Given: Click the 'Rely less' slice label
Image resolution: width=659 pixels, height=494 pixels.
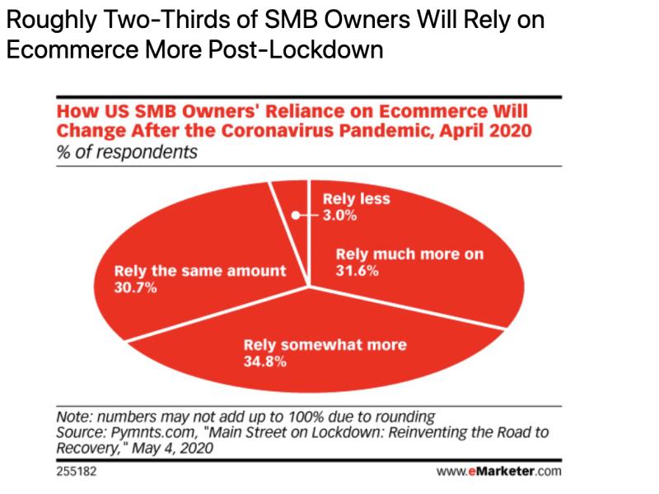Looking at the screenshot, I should point(355,198).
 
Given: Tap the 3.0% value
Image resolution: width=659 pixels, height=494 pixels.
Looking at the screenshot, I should point(339,216).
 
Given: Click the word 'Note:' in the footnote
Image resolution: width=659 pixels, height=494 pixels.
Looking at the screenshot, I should point(75,416).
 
